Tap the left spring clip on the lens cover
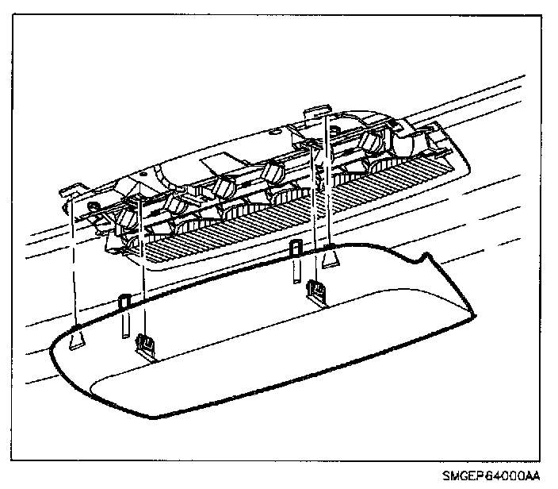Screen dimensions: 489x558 [x=144, y=343]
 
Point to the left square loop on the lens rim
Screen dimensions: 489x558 [x=124, y=302]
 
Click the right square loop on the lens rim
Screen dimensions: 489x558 [x=296, y=247]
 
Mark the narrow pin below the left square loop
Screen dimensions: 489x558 [x=124, y=327]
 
